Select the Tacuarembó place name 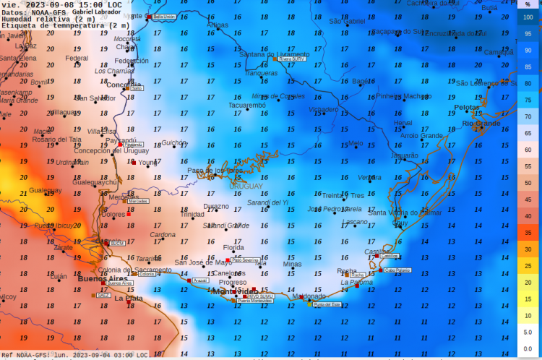click(246, 105)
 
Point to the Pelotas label click(466, 107)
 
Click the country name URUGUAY click(246, 187)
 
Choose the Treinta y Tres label click(343, 195)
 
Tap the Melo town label click(356, 143)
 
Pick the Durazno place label click(215, 206)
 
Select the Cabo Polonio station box click(397, 270)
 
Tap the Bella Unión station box click(164, 16)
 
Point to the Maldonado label click(309, 296)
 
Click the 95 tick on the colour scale click(528, 34)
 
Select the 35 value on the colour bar click(528, 233)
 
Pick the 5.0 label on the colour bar click(528, 332)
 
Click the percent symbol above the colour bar click(528, 4)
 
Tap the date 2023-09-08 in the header click(42, 4)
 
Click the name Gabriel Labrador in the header click(97, 12)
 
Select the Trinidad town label click(192, 214)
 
